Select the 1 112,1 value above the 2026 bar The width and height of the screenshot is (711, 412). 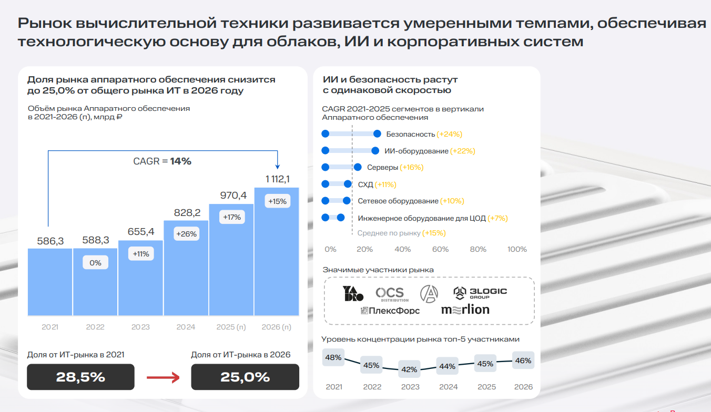click(x=277, y=179)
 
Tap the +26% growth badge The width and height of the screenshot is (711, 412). click(x=186, y=234)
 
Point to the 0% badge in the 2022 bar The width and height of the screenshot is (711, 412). click(x=95, y=263)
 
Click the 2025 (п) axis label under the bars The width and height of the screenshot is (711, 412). click(x=231, y=327)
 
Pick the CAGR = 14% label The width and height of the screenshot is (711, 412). click(x=162, y=161)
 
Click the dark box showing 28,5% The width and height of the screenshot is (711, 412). click(x=80, y=377)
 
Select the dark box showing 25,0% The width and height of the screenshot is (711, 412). click(x=245, y=377)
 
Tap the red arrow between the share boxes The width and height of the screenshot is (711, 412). click(x=163, y=377)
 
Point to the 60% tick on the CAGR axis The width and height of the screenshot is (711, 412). click(x=440, y=249)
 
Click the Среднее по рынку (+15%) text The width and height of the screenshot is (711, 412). click(x=401, y=233)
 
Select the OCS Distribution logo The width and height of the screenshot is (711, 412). click(x=390, y=294)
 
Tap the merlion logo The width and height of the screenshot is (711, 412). click(x=465, y=310)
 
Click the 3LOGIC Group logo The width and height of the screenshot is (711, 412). click(x=480, y=293)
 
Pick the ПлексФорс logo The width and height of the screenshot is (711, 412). click(x=390, y=311)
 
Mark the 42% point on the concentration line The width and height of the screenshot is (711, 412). click(x=410, y=369)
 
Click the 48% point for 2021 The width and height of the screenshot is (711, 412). click(x=333, y=358)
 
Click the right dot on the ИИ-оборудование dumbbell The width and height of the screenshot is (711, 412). click(x=375, y=151)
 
